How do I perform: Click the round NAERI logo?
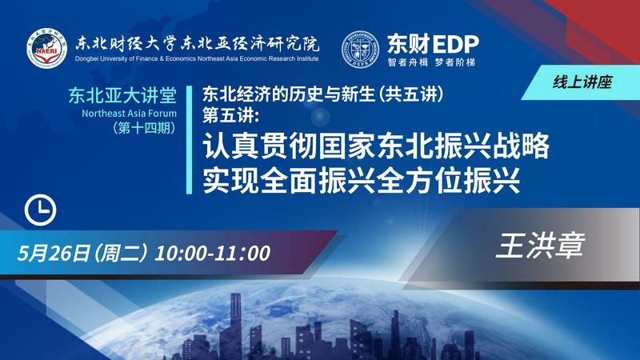[47, 49]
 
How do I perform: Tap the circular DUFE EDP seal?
[359, 49]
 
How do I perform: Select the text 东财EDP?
[433, 44]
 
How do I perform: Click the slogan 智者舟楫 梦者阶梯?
[431, 62]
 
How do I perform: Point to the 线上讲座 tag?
[582, 82]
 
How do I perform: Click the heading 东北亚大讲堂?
[122, 95]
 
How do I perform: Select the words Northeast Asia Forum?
[129, 114]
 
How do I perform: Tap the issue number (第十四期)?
[145, 128]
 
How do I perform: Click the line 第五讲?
[231, 115]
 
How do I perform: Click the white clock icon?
[41, 210]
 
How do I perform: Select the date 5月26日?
[53, 254]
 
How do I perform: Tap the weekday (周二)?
[120, 254]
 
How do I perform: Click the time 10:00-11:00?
[212, 254]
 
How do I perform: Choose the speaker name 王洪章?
[541, 246]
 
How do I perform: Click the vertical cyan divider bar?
[189, 140]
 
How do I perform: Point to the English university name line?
[197, 58]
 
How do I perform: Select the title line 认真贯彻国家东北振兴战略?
[376, 146]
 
